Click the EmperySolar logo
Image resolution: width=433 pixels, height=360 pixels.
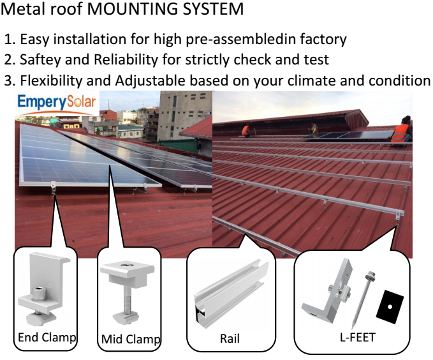(x=57, y=103)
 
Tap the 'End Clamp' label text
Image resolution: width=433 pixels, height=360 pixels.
(x=47, y=338)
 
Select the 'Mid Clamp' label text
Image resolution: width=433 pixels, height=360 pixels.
(x=131, y=340)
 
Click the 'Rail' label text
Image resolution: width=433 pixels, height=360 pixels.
(x=230, y=338)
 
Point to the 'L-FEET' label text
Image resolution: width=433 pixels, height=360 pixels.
(x=358, y=337)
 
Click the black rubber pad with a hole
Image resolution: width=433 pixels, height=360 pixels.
(x=390, y=306)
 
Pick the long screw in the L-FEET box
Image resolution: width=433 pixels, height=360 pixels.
(x=363, y=299)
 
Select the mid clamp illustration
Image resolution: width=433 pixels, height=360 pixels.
(x=127, y=291)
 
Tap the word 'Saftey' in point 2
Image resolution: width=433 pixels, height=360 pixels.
(x=40, y=60)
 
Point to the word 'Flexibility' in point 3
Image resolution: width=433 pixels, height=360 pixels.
(x=51, y=80)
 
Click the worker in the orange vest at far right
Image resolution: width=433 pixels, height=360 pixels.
(x=402, y=131)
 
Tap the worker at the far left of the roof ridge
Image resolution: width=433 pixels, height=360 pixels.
(x=246, y=130)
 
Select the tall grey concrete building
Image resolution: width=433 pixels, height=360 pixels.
(x=184, y=116)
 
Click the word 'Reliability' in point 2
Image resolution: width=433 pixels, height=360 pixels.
(x=126, y=60)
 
